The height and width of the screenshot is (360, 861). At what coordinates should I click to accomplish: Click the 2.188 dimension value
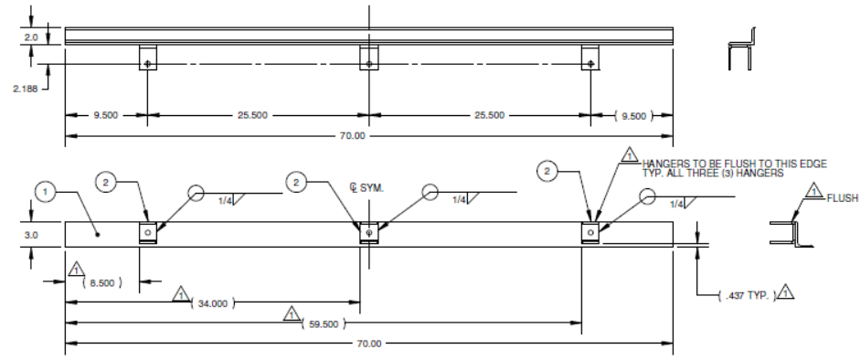(x=26, y=89)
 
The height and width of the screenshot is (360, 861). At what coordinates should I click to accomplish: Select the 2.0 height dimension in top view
(x=31, y=37)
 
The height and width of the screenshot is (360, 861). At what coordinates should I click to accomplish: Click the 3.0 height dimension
(x=31, y=235)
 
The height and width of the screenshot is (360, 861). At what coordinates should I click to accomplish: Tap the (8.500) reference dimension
(x=102, y=282)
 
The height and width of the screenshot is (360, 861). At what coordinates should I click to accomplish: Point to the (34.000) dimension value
(x=212, y=303)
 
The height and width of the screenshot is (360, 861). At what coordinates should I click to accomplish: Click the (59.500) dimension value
(x=324, y=324)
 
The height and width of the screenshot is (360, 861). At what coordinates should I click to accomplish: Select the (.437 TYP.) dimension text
(x=748, y=296)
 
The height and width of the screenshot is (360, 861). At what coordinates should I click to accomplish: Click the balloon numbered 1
(x=46, y=192)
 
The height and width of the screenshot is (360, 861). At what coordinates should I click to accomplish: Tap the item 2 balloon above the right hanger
(x=547, y=171)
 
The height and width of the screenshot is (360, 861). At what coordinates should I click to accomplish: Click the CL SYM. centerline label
(x=367, y=187)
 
